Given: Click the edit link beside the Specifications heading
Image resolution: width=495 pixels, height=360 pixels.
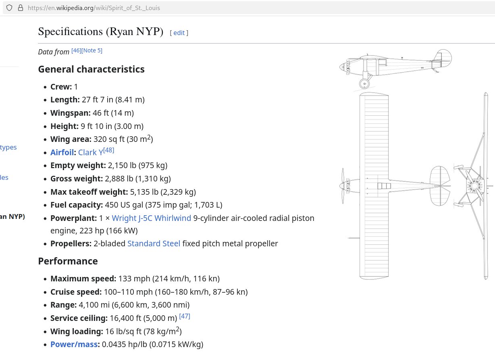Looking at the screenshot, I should (179, 33).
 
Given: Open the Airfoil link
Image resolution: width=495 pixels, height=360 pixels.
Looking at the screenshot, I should (62, 152).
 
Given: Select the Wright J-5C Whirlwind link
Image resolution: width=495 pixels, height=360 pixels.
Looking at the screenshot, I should (151, 218).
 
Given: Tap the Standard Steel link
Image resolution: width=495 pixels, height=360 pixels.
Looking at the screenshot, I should (154, 243).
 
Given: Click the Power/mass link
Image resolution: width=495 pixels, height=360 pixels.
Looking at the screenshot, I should (74, 344).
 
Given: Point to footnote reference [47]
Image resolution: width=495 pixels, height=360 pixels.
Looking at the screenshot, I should (185, 316).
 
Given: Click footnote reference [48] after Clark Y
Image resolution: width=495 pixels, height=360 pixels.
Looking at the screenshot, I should (109, 150).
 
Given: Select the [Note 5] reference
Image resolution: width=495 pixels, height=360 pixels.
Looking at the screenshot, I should (92, 50).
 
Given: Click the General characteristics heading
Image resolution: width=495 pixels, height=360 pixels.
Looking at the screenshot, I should (91, 69).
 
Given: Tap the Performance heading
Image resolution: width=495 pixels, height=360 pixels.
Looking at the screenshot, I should (68, 261).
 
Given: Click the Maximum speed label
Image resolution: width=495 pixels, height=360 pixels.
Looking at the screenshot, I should (83, 279).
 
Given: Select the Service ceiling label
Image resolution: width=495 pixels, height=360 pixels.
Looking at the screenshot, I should (79, 318).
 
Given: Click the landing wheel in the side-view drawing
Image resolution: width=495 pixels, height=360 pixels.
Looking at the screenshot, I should (364, 84).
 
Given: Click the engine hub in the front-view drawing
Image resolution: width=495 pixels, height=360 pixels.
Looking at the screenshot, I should (475, 186).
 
